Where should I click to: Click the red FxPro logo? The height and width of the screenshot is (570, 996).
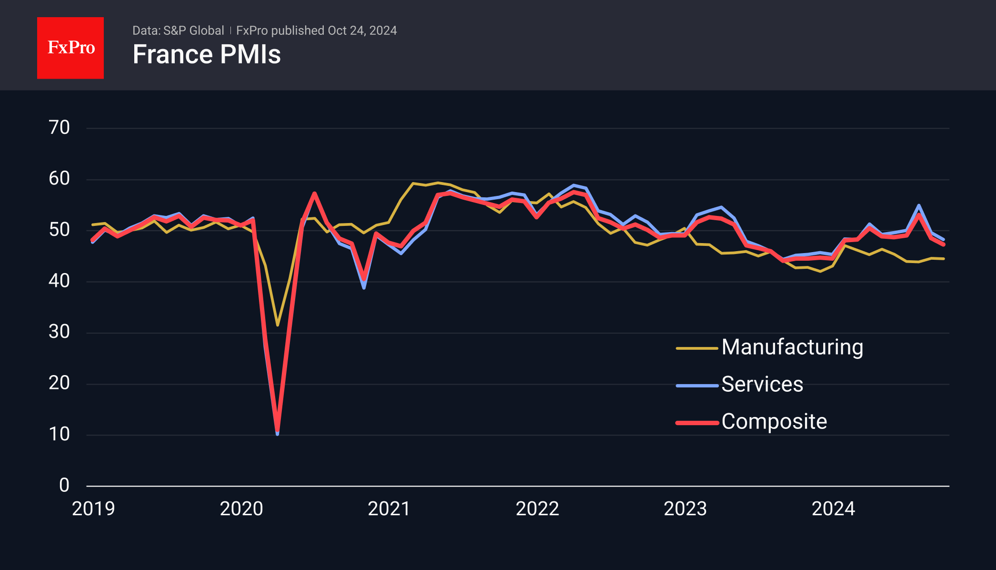pyautogui.click(x=70, y=48)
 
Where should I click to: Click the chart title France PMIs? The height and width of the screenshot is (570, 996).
pyautogui.click(x=207, y=54)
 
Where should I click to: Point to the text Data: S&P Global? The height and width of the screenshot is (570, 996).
pyautogui.click(x=178, y=31)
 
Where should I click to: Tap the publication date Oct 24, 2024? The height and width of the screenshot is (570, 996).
pyautogui.click(x=362, y=31)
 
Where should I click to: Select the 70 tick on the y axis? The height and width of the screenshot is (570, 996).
pyautogui.click(x=59, y=128)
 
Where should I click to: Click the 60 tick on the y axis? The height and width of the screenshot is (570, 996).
pyautogui.click(x=59, y=179)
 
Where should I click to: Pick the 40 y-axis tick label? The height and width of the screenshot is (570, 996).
pyautogui.click(x=59, y=281)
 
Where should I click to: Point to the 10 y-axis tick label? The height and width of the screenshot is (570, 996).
pyautogui.click(x=59, y=434)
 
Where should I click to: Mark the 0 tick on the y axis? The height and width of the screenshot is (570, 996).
pyautogui.click(x=64, y=486)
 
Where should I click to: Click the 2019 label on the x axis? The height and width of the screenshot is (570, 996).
pyautogui.click(x=93, y=509)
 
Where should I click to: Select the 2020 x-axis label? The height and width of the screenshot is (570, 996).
pyautogui.click(x=241, y=509)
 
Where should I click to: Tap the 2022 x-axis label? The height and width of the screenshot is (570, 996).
pyautogui.click(x=537, y=509)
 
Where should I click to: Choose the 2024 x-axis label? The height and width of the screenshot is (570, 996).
pyautogui.click(x=833, y=509)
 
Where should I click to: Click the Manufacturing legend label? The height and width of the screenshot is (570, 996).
pyautogui.click(x=792, y=347)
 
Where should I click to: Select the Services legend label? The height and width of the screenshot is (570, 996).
pyautogui.click(x=762, y=384)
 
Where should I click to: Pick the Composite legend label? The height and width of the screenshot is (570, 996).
pyautogui.click(x=774, y=421)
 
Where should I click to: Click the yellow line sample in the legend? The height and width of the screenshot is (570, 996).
pyautogui.click(x=697, y=348)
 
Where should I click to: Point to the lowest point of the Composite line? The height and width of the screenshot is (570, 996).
pyautogui.click(x=278, y=430)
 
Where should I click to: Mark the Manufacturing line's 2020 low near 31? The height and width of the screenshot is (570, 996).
pyautogui.click(x=278, y=325)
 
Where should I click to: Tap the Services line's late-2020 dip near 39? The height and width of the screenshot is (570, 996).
pyautogui.click(x=364, y=288)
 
